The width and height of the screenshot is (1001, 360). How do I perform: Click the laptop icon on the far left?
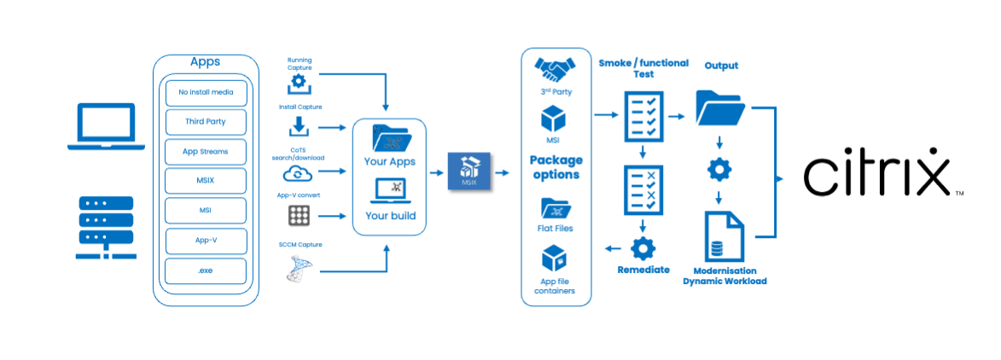click(x=107, y=127)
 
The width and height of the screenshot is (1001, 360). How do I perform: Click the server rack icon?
click(x=106, y=228)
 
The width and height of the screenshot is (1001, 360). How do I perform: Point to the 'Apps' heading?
click(x=205, y=62)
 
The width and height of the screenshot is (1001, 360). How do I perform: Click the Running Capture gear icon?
click(x=299, y=84)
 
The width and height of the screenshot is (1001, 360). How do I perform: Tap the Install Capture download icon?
click(x=299, y=127)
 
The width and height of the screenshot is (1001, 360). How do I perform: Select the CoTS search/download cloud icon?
click(x=298, y=173)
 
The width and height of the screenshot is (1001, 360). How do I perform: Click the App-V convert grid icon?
click(x=298, y=216)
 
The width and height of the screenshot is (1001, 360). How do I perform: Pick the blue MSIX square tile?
click(x=468, y=171)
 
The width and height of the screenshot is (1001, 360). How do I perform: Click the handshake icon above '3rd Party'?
click(x=556, y=67)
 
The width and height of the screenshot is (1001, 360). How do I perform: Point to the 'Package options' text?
click(x=556, y=167)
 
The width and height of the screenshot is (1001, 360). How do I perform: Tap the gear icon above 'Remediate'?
click(x=643, y=248)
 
